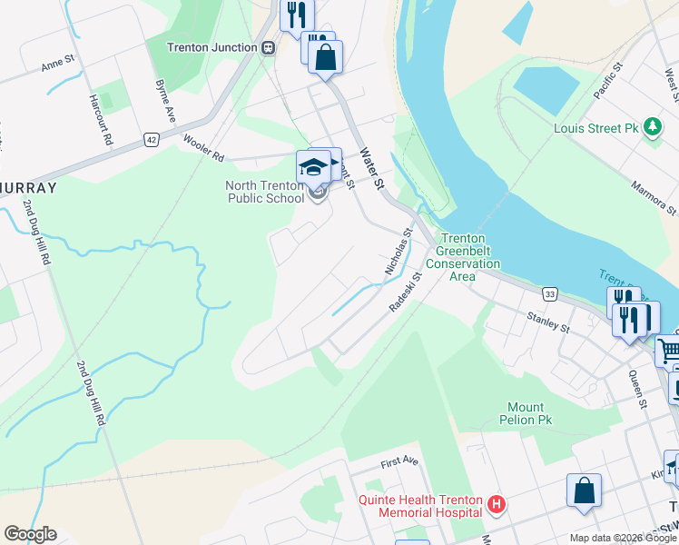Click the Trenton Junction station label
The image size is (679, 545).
pyautogui.click(x=212, y=47)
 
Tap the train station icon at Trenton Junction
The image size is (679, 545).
pyautogui.click(x=268, y=48)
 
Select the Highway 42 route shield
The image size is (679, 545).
pyautogui.click(x=151, y=139)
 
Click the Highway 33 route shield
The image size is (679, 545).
pyautogui.click(x=549, y=294)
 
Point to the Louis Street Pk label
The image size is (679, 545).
pyautogui.click(x=596, y=128)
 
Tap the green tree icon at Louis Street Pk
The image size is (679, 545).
pyautogui.click(x=652, y=128)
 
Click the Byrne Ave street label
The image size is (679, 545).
pyautogui.click(x=165, y=101)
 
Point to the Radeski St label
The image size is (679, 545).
pyautogui.click(x=406, y=292)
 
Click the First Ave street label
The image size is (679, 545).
pyautogui.click(x=399, y=461)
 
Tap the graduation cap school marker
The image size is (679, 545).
pyautogui.click(x=313, y=167)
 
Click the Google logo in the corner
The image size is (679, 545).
pyautogui.click(x=30, y=534)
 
